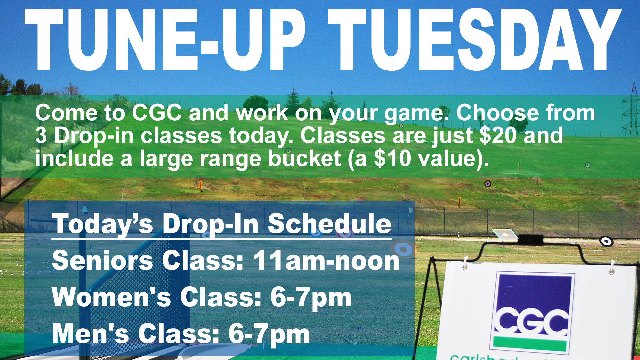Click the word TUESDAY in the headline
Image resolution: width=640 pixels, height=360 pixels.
tap(475, 39)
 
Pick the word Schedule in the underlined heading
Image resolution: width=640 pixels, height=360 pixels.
tap(330, 224)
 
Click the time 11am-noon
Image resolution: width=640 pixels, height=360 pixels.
tap(326, 260)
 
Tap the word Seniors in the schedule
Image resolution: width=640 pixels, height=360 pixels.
tap(103, 260)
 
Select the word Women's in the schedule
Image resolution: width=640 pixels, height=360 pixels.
tap(111, 297)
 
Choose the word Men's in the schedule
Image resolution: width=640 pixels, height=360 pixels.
tap(90, 334)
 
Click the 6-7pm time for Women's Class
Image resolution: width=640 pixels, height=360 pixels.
tap(311, 298)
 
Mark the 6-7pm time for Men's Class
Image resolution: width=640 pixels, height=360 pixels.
tap(269, 334)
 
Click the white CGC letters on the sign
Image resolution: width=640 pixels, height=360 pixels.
tap(532, 322)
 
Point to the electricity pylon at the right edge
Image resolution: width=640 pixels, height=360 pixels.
tap(631, 110)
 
